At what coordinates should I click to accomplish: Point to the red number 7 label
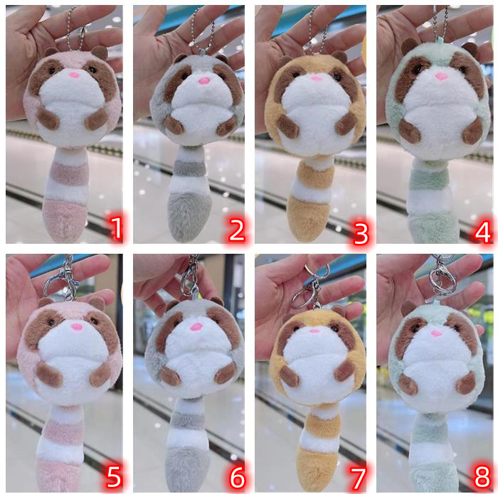pyautogui.click(x=358, y=478)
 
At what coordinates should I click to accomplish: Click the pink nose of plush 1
pyautogui.click(x=74, y=75)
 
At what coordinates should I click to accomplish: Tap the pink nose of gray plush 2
pyautogui.click(x=204, y=80)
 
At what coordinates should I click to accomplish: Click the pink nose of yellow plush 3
pyautogui.click(x=317, y=78)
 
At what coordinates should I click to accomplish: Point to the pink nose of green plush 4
pyautogui.click(x=440, y=76)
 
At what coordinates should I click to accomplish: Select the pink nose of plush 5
pyautogui.click(x=77, y=327)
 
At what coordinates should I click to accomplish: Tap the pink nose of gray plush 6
pyautogui.click(x=196, y=326)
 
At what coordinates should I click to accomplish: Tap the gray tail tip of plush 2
pyautogui.click(x=190, y=216)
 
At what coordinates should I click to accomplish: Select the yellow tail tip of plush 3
pyautogui.click(x=308, y=218)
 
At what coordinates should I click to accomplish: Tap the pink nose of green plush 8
pyautogui.click(x=435, y=333)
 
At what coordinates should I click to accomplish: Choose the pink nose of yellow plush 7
pyautogui.click(x=314, y=331)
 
